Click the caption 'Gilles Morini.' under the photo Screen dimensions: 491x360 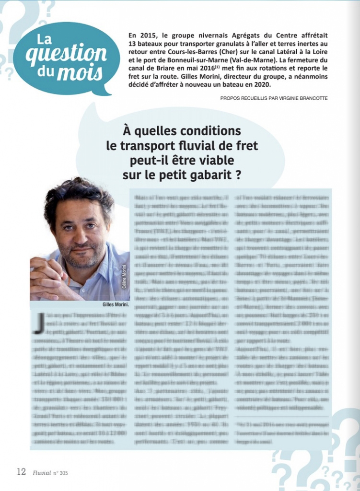click(116, 304)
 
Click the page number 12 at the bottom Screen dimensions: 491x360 click(21, 472)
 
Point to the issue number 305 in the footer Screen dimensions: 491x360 click(63, 473)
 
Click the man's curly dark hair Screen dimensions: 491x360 click(79, 194)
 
